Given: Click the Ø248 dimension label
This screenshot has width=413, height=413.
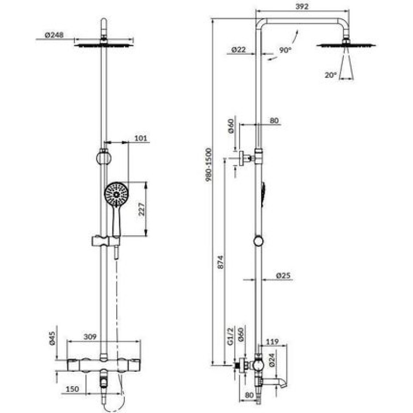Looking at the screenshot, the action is click(x=54, y=35).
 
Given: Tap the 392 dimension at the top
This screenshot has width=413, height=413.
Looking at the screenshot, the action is click(x=301, y=7).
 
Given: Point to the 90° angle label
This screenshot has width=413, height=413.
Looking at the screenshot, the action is click(x=285, y=50).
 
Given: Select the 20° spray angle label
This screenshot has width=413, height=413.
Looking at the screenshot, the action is click(x=330, y=75).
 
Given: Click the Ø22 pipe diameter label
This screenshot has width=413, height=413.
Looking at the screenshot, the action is click(x=239, y=49).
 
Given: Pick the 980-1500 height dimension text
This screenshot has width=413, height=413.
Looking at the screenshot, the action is click(x=209, y=165).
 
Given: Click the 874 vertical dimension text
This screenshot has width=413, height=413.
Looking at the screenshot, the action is click(x=220, y=262).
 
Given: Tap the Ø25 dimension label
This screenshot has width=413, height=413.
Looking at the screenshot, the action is click(x=283, y=276).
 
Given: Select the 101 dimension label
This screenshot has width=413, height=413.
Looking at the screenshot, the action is click(x=141, y=138).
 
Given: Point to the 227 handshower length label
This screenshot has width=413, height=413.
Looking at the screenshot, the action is click(x=141, y=210).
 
